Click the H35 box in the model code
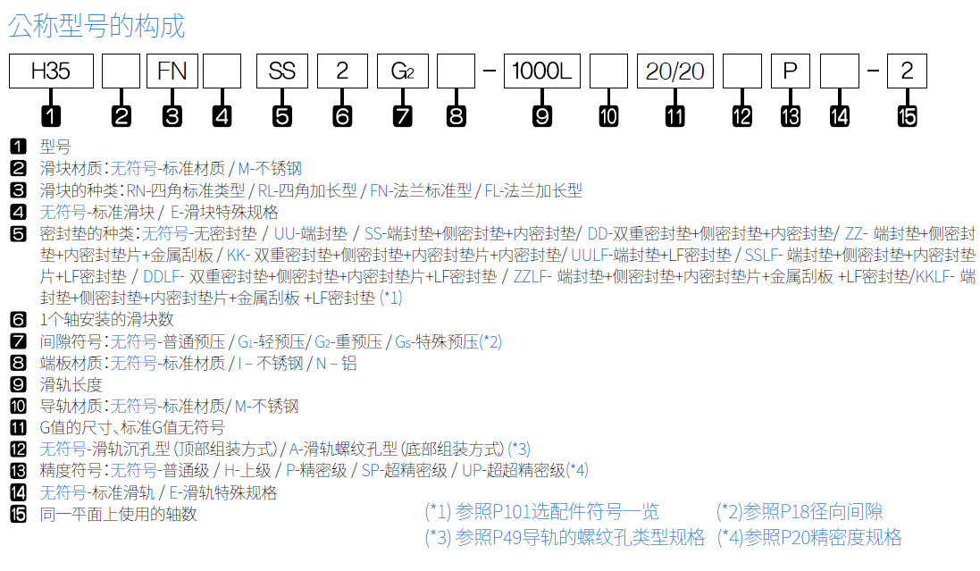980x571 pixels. pos(51,71)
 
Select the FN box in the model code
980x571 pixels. pos(172,71)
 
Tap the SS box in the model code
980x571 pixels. pos(282,71)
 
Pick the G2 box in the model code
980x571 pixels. pos(403,71)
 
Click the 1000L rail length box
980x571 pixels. pos(542,71)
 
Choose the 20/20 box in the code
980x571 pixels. pos(675,71)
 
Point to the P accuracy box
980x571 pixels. pos(790,71)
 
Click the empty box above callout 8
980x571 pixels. pos(456,71)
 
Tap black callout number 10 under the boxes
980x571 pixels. pos(608,116)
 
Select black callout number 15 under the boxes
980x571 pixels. pos(907,116)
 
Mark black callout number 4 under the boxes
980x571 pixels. pos(222,116)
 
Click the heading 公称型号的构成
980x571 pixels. pos(96,26)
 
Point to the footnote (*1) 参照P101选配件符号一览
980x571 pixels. pos(541,512)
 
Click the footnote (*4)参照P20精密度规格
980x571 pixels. pos(808,537)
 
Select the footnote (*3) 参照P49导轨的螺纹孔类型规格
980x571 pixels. pos(565,537)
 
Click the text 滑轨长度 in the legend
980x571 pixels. pos(71,384)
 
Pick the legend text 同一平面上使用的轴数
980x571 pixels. pos(118,514)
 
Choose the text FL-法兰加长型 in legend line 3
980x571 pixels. pos(533,190)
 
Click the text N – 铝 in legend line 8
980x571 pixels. pos(336,364)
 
